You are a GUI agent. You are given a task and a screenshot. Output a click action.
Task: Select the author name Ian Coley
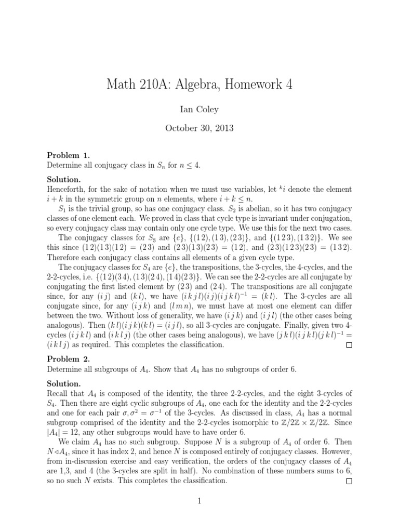click(x=199, y=110)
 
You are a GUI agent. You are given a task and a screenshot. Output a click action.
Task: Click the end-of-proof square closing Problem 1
click(x=349, y=344)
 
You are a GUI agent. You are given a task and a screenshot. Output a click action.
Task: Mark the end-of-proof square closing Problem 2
click(x=349, y=481)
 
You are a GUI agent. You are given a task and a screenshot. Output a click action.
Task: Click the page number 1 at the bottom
click(x=199, y=501)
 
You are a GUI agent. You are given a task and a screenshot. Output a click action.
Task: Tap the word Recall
click(x=58, y=393)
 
